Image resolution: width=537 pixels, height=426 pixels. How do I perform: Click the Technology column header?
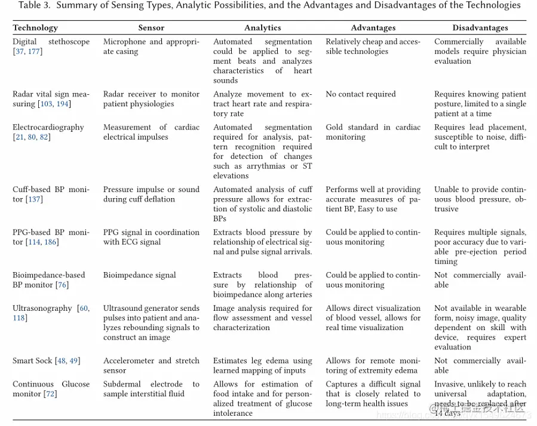point(35,27)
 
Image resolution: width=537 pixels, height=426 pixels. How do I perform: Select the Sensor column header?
point(151,27)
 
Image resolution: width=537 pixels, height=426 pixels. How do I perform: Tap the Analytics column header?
point(262,27)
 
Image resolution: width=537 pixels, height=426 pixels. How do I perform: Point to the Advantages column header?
point(373,27)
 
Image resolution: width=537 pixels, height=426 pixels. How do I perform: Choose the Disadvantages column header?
point(480,27)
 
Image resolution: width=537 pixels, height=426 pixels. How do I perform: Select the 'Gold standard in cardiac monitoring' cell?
point(373,132)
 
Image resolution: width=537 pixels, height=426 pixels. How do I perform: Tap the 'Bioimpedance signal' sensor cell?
point(139,276)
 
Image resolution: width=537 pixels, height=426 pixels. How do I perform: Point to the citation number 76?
point(63,285)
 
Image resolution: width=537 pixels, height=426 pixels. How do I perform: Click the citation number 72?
point(52,394)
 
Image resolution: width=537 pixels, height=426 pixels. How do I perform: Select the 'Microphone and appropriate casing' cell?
point(151,47)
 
